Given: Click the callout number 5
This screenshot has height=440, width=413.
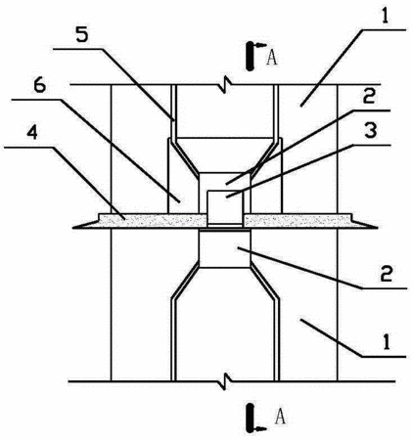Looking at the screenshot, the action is point(82,36).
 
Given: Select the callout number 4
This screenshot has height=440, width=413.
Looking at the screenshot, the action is point(32,134).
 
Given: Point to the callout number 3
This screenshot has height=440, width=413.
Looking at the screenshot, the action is point(371,131).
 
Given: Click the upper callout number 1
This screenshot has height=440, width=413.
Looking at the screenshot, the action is point(385,16).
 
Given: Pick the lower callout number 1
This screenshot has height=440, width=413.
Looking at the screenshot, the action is point(387,343).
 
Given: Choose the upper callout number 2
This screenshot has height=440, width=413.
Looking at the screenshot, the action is point(369,96).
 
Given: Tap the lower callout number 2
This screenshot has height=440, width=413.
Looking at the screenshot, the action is point(387,274).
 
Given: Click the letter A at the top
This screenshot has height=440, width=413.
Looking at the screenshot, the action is point(272,58).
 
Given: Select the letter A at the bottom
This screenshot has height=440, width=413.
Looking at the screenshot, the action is point(280,418).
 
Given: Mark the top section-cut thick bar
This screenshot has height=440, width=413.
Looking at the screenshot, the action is point(250,56).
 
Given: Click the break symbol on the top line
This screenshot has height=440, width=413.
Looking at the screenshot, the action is point(226,85).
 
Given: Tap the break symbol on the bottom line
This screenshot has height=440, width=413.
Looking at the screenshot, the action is point(226,381).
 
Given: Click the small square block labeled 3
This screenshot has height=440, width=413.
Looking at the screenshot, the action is point(225,208).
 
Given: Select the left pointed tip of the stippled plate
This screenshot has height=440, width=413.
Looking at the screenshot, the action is point(73,228).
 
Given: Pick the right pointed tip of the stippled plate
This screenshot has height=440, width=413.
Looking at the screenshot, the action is point(378,228).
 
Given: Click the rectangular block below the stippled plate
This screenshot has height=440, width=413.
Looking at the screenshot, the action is point(225,248).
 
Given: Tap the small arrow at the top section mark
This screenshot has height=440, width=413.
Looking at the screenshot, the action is point(261,44).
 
